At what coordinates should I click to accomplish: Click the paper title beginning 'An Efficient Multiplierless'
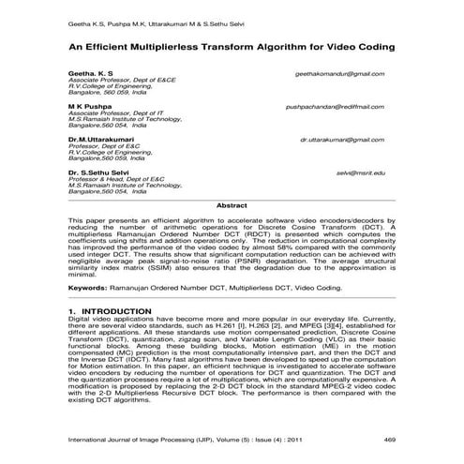[x=231, y=44]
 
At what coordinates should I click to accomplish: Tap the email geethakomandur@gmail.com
[x=339, y=73]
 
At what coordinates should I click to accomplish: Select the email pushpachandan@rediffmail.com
[x=335, y=107]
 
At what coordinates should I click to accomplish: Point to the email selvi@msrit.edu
[x=361, y=172]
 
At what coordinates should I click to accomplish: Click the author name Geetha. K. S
[x=90, y=73]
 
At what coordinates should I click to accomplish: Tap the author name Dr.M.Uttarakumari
[x=101, y=139]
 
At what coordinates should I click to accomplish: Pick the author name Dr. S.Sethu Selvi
[x=100, y=172]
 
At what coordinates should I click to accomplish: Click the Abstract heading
[x=232, y=203]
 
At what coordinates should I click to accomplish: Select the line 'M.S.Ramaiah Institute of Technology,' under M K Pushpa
[x=124, y=120]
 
